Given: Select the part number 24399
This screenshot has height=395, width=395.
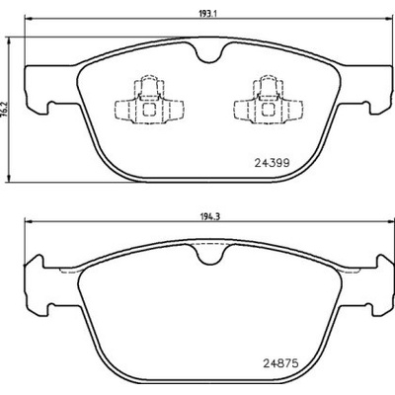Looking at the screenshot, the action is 273,163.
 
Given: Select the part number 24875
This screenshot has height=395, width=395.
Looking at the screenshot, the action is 280,363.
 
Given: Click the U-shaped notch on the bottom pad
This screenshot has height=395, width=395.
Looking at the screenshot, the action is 211,255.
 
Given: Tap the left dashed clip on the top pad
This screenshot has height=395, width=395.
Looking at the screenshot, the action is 149,100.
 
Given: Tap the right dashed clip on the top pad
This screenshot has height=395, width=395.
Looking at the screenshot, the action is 269,100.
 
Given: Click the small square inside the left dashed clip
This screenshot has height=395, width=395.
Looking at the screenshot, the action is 149,110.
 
